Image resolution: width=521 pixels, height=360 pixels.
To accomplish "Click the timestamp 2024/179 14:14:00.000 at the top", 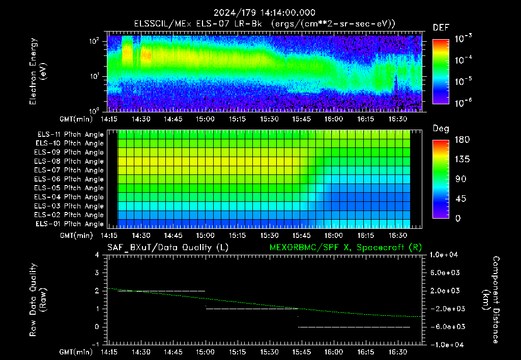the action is (x=264, y=13).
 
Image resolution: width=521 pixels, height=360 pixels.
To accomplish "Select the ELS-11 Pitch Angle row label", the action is (x=70, y=135).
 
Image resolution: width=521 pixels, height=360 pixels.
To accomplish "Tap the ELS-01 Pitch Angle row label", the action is (x=69, y=224).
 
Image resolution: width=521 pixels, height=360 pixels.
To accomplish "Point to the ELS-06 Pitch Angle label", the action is (x=69, y=179).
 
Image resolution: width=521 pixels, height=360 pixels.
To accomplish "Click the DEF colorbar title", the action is (x=441, y=27).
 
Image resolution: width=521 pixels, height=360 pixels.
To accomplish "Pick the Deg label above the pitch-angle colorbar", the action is (x=441, y=129).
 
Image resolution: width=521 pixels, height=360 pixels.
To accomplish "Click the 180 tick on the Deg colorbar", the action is (x=462, y=139).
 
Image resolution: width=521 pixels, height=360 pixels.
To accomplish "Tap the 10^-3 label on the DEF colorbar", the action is (x=463, y=39).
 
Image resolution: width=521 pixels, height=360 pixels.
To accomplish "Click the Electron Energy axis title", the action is (x=38, y=71).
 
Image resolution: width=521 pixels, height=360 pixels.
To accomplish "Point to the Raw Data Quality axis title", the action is (x=38, y=300).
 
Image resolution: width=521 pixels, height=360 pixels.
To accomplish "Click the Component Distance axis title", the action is (x=491, y=300).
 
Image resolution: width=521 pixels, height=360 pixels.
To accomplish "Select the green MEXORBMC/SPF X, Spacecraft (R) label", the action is (x=345, y=248).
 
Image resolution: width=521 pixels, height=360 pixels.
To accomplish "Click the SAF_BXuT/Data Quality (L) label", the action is (x=168, y=248).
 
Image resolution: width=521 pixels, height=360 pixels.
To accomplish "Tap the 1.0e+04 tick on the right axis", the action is (x=444, y=255).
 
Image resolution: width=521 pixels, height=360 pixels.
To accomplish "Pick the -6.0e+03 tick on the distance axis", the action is (x=445, y=326).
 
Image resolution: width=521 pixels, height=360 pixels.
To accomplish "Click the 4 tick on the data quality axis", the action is (x=97, y=255).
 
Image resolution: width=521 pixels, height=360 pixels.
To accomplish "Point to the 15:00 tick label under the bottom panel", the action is (x=205, y=352).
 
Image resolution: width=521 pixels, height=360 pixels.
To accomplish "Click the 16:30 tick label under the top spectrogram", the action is (x=398, y=119).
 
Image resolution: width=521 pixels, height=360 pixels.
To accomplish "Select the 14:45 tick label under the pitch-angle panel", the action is (x=173, y=235).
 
